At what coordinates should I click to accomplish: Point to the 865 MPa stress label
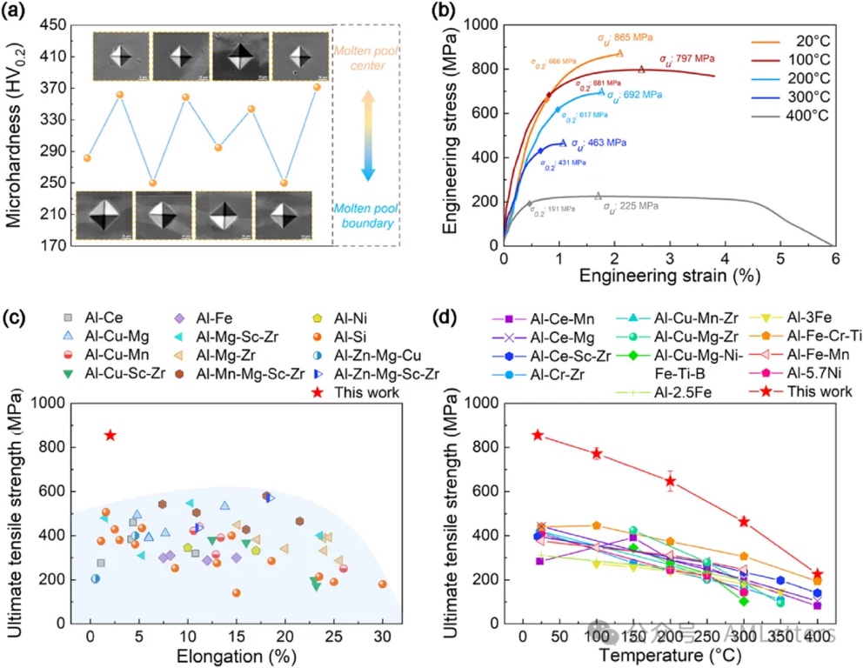point(625,38)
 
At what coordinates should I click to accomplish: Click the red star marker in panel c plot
point(110,435)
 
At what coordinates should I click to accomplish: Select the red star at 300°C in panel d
point(744,521)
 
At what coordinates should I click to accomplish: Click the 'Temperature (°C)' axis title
point(668,653)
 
